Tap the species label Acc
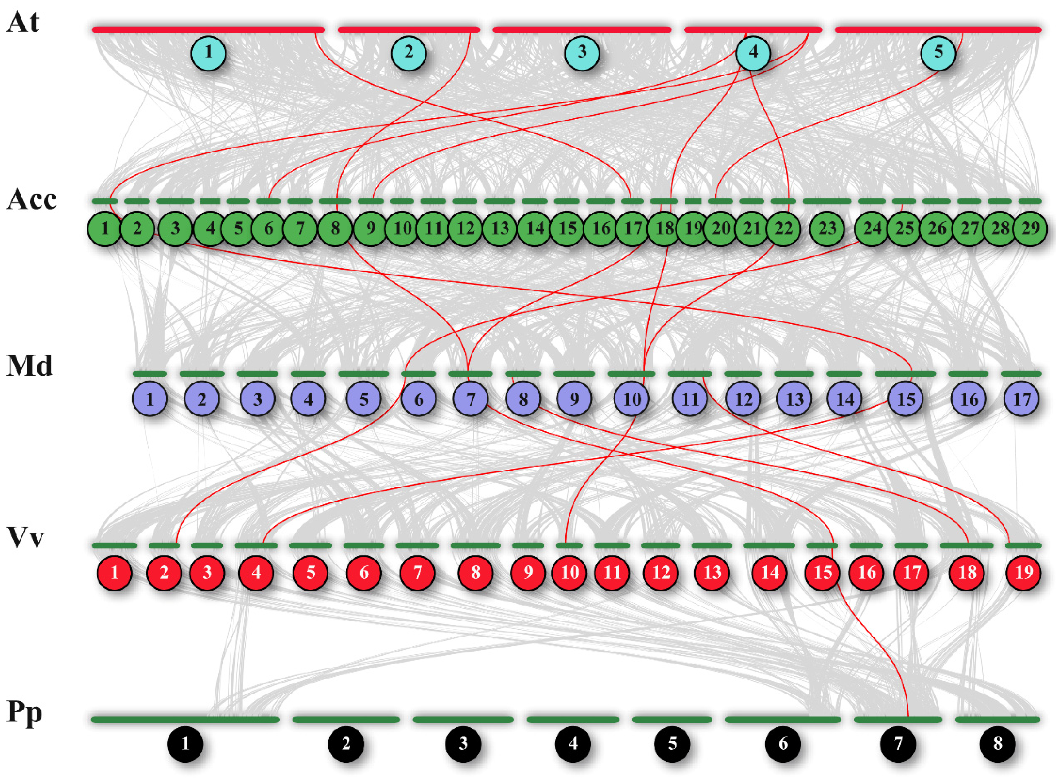click(x=31, y=199)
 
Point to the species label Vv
click(x=25, y=537)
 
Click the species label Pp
click(x=24, y=713)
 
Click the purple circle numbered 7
click(x=470, y=399)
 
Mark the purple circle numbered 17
click(x=1021, y=399)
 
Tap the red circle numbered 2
click(x=164, y=572)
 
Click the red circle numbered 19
click(x=1024, y=572)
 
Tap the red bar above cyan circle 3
click(x=582, y=30)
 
